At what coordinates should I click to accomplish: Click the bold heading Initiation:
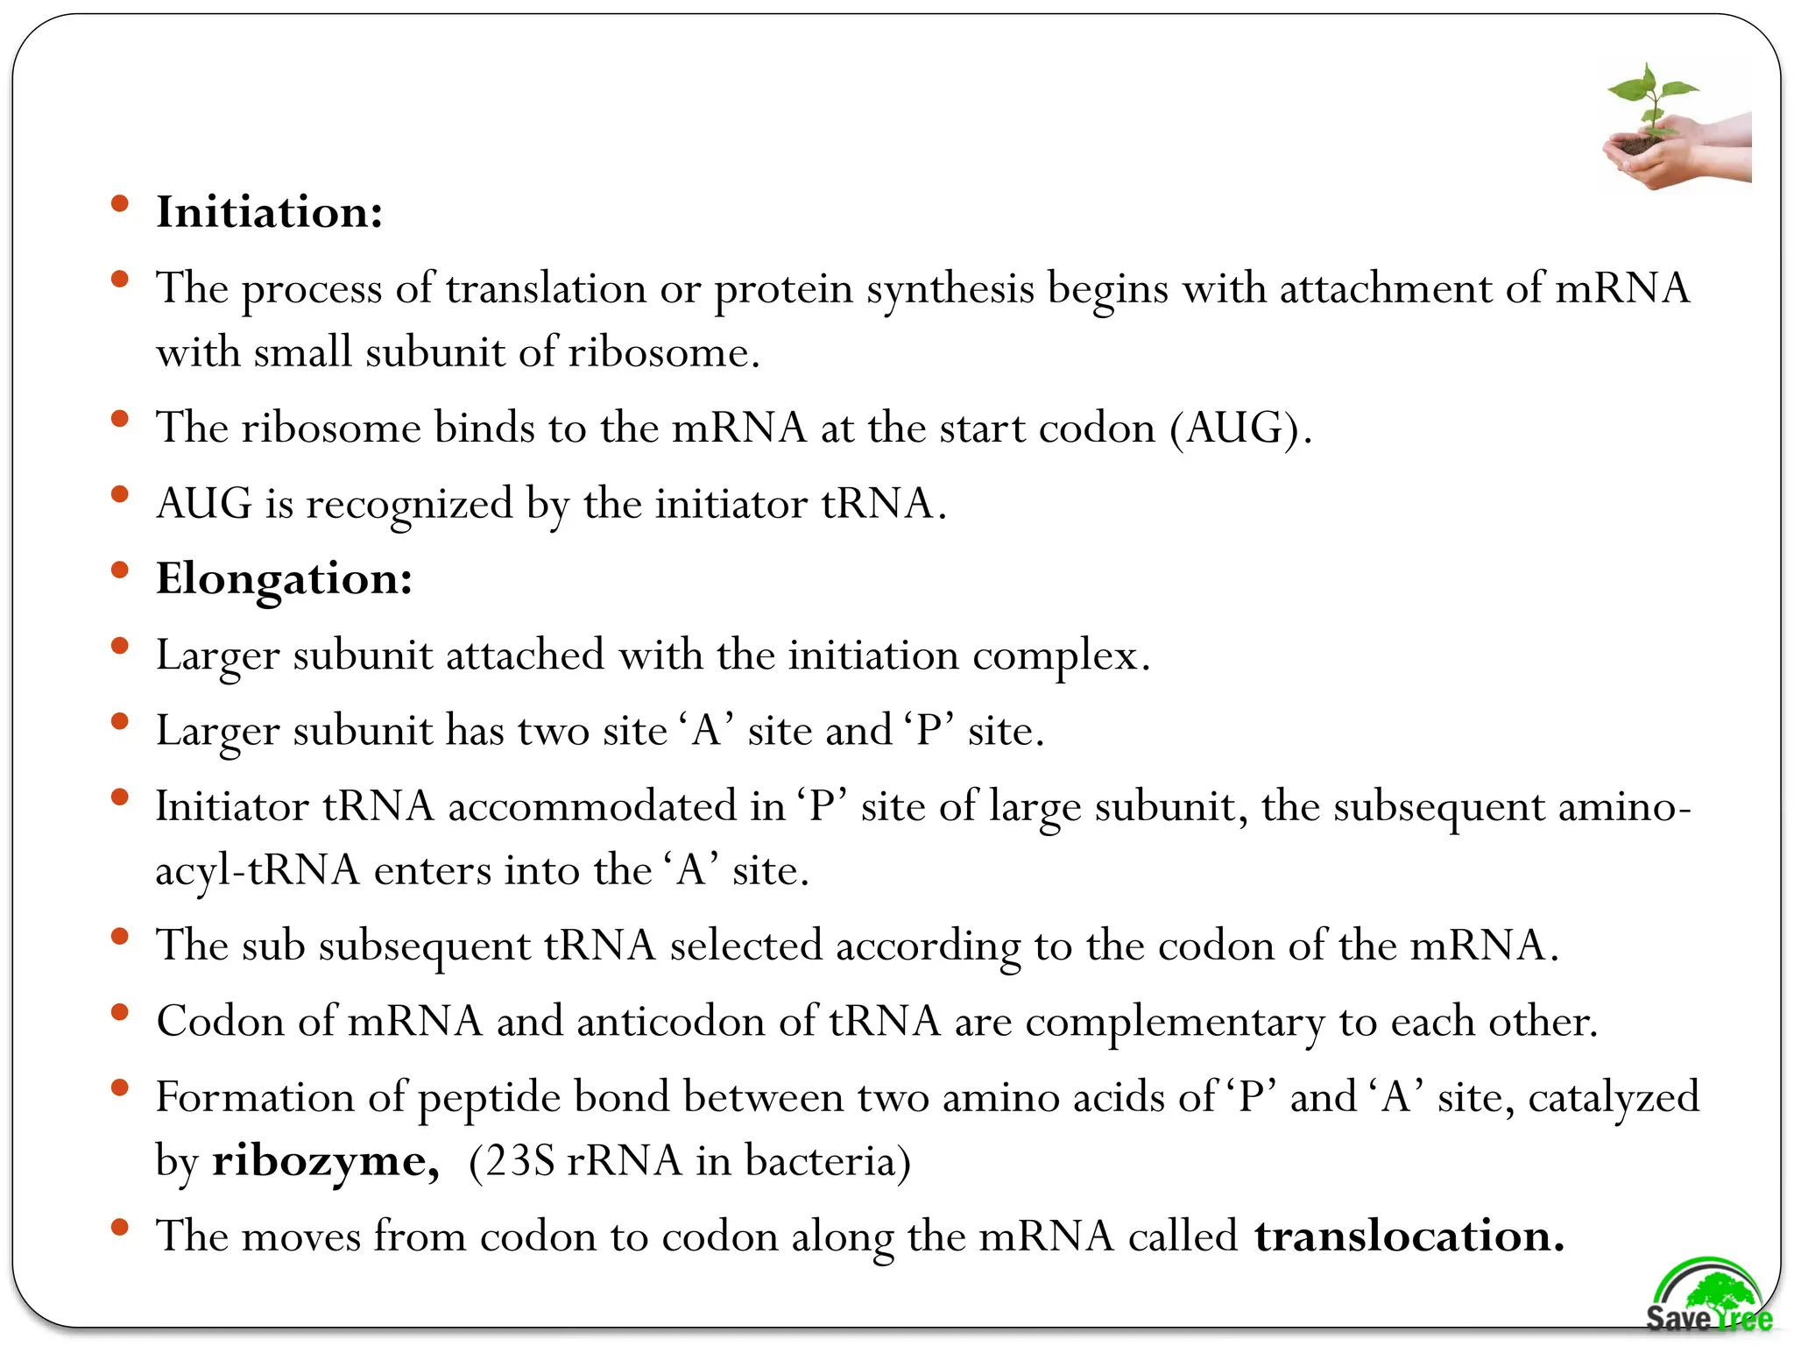269,213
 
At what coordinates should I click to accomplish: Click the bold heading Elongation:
284,579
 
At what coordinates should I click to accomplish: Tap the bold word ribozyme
325,1162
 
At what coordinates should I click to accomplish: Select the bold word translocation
1409,1236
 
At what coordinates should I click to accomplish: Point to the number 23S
521,1162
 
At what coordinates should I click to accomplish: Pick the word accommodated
592,807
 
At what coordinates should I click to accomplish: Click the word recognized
408,505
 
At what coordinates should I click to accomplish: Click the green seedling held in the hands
1651,101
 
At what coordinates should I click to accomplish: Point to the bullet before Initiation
120,205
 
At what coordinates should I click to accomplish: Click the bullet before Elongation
120,571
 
